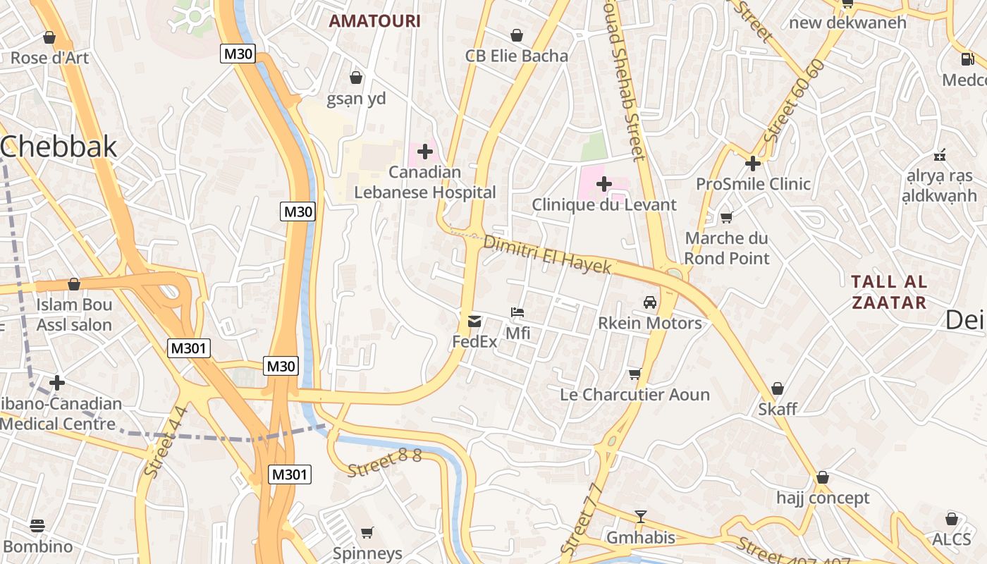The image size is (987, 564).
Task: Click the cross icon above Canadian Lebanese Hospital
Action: pos(425,152)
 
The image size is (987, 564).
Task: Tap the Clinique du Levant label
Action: pos(603,205)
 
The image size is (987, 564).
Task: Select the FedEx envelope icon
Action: pos(474,321)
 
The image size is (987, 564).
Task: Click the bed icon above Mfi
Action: pos(517,312)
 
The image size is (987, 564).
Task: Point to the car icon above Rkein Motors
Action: pos(650,302)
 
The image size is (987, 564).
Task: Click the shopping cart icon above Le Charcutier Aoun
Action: pos(634,374)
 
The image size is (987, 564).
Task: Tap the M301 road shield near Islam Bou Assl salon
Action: pos(189,348)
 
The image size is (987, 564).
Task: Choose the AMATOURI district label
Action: pos(374,21)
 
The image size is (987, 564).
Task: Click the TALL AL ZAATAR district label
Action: pos(888,292)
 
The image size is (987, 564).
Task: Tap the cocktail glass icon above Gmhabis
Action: pos(640,517)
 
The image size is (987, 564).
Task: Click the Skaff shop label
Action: pos(778,409)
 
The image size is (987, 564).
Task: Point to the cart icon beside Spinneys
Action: pos(367,532)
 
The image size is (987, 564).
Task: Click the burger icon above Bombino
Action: pos(37,526)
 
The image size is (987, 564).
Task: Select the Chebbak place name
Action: pos(59,147)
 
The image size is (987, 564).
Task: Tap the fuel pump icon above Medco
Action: pos(966,59)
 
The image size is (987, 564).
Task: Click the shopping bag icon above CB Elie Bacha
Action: pos(517,35)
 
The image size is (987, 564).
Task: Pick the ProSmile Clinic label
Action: pos(753,184)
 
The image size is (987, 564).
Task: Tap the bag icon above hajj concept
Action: pos(822,477)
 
